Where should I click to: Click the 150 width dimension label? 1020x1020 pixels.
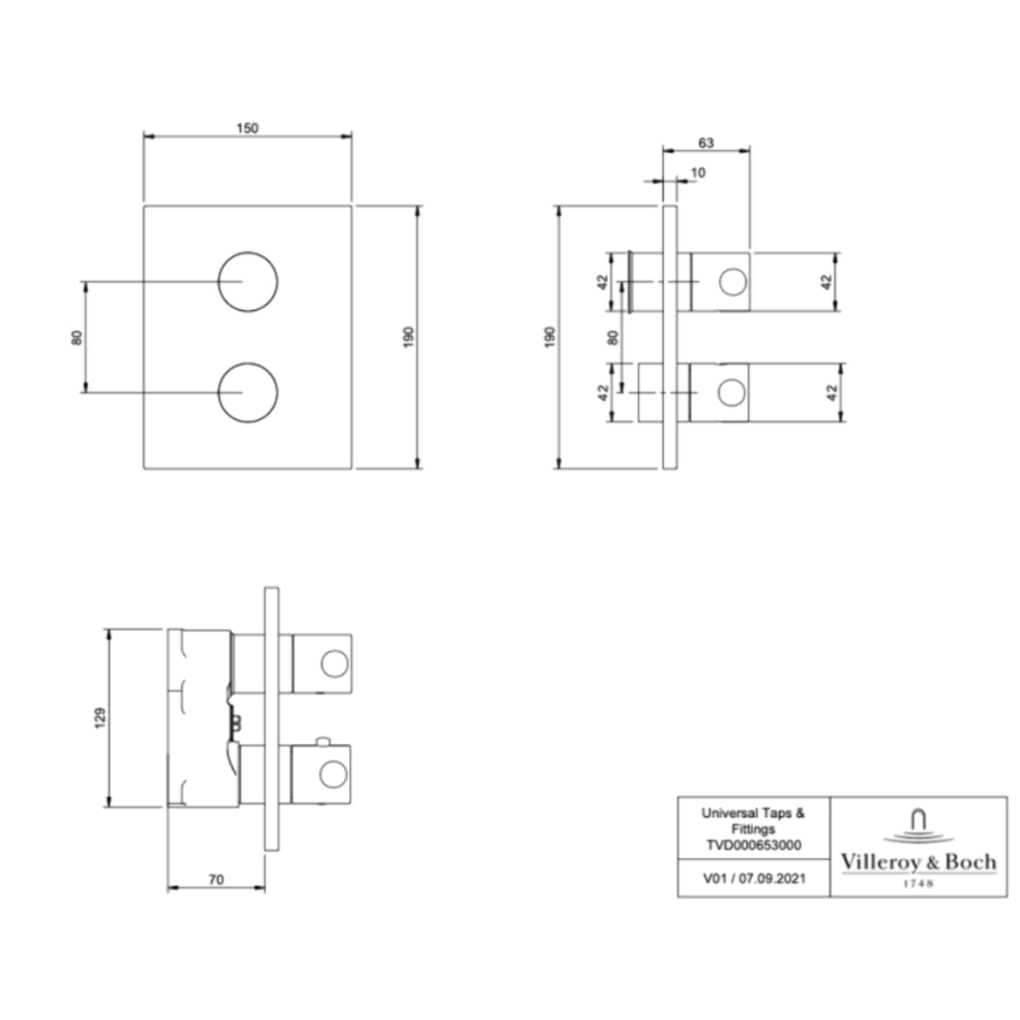click(x=247, y=128)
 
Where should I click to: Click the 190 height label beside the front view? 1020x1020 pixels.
click(x=409, y=337)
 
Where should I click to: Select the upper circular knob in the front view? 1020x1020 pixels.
click(x=248, y=281)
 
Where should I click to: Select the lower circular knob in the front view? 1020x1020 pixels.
click(x=248, y=392)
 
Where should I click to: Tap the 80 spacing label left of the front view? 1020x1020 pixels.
click(x=77, y=337)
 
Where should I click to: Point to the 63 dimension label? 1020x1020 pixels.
click(x=706, y=143)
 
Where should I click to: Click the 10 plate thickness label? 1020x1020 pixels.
click(x=698, y=172)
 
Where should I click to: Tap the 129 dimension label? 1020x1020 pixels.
click(x=100, y=717)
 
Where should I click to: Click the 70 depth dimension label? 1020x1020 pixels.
click(x=216, y=879)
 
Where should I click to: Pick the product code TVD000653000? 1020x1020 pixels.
click(x=753, y=845)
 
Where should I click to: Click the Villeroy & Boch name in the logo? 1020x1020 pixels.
click(x=918, y=862)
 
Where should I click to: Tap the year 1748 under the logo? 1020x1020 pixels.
click(x=918, y=883)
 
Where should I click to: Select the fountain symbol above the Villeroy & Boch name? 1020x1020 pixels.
click(x=918, y=826)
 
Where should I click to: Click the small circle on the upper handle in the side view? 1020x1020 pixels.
click(x=733, y=282)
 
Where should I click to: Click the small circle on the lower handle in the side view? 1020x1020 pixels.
click(x=731, y=393)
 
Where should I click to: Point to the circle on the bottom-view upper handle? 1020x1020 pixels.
click(x=335, y=663)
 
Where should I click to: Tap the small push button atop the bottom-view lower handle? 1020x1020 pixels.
click(x=322, y=741)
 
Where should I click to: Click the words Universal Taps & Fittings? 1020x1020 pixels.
click(x=753, y=820)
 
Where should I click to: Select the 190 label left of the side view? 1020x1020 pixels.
click(x=550, y=337)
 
